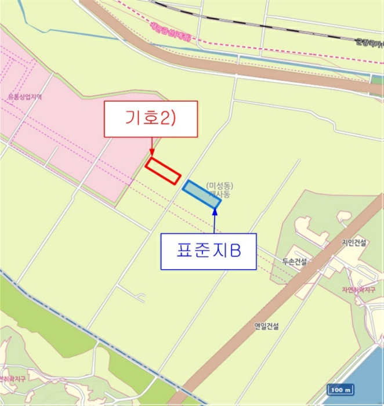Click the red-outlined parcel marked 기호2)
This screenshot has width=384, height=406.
click(x=163, y=171)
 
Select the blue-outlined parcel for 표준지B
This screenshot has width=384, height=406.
click(x=201, y=194)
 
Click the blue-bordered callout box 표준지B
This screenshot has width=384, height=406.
click(x=208, y=251)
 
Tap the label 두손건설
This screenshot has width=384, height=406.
click(x=294, y=262)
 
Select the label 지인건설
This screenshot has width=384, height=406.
click(x=354, y=244)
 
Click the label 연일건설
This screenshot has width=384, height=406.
click(x=266, y=327)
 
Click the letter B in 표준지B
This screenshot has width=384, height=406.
click(x=234, y=251)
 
